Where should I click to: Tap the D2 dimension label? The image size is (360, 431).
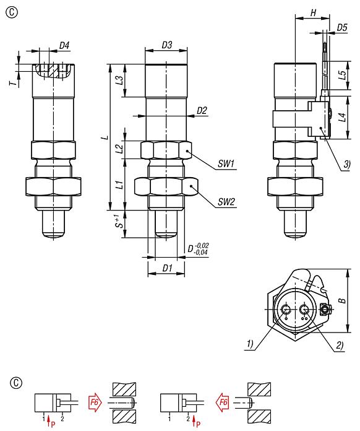tap(202, 110)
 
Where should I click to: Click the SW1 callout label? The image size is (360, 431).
tap(226, 165)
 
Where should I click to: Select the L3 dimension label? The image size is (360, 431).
tap(121, 80)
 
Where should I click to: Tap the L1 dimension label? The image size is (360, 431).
tap(121, 184)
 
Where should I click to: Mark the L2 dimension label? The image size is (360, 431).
tap(121, 149)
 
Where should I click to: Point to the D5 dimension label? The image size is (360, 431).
tap(342, 27)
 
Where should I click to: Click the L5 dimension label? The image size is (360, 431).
tap(342, 75)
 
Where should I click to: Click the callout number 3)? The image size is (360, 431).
tap(347, 163)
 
